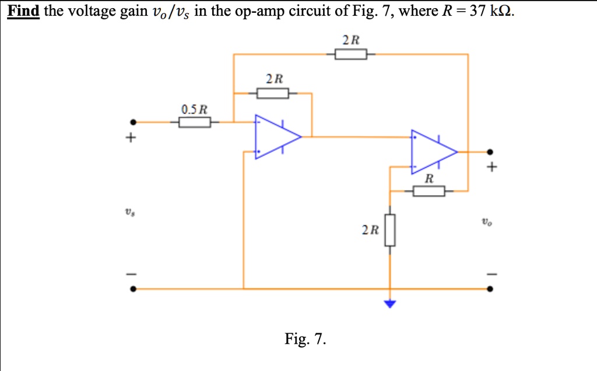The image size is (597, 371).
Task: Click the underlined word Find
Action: (23, 10)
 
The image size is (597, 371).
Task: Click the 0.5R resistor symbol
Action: (195, 122)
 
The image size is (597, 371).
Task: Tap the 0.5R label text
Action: (194, 109)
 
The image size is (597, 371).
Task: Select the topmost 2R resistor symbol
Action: (351, 54)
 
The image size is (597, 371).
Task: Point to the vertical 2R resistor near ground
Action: (390, 230)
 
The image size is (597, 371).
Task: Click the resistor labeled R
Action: (429, 191)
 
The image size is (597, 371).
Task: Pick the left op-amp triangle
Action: (278, 137)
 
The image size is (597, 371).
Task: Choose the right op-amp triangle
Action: (434, 152)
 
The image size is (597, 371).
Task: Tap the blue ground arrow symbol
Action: (390, 303)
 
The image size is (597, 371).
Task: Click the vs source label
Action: (130, 213)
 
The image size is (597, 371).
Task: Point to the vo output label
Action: (487, 221)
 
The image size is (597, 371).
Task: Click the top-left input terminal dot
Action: (133, 122)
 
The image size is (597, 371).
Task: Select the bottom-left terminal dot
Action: (133, 289)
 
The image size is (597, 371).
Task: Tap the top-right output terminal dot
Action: (490, 152)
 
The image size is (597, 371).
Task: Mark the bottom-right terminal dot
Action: (490, 289)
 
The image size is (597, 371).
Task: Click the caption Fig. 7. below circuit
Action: (305, 338)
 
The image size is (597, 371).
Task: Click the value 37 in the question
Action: (478, 10)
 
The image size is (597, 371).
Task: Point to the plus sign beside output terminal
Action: (491, 167)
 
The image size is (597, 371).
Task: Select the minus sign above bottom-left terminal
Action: (131, 274)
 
